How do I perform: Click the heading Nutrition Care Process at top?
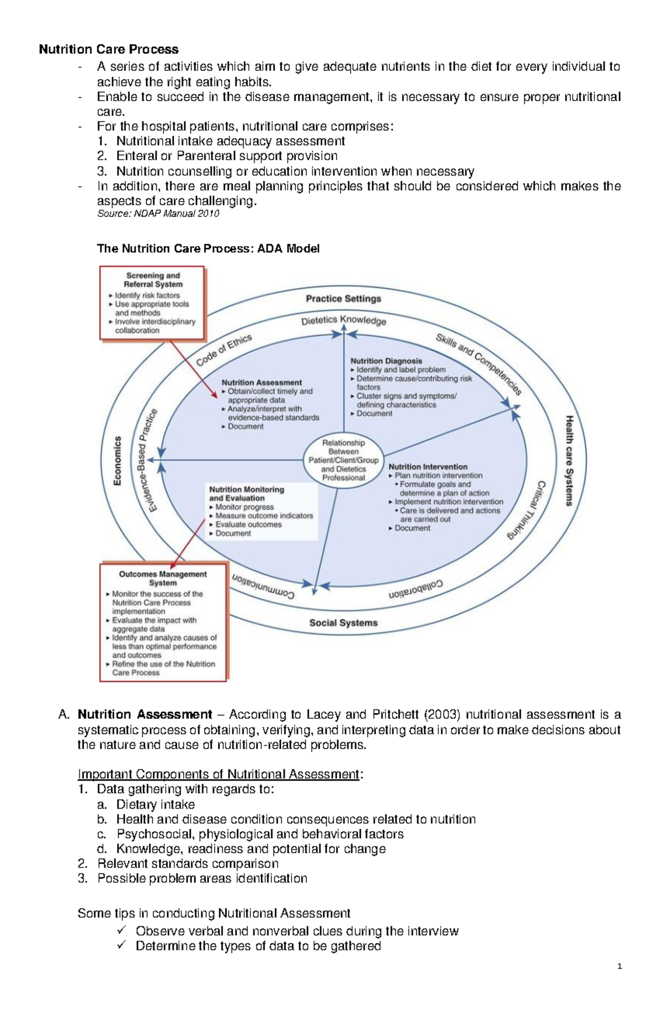tap(108, 50)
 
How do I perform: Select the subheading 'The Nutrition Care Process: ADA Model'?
tap(208, 248)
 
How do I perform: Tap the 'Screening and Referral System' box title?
tap(153, 280)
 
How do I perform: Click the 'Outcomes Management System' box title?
tap(163, 578)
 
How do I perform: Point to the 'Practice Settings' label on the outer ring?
tap(343, 298)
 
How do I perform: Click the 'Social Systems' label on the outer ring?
tap(343, 623)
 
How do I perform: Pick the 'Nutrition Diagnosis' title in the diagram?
tap(386, 361)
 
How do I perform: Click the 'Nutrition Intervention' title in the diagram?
tap(428, 466)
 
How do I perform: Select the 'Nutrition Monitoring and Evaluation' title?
tap(246, 493)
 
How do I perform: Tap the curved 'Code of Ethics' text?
tap(224, 350)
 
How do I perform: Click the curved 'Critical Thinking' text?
tap(527, 510)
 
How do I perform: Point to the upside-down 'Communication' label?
tap(263, 588)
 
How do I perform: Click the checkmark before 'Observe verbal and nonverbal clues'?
tap(122, 930)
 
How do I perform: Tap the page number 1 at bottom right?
tap(620, 967)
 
